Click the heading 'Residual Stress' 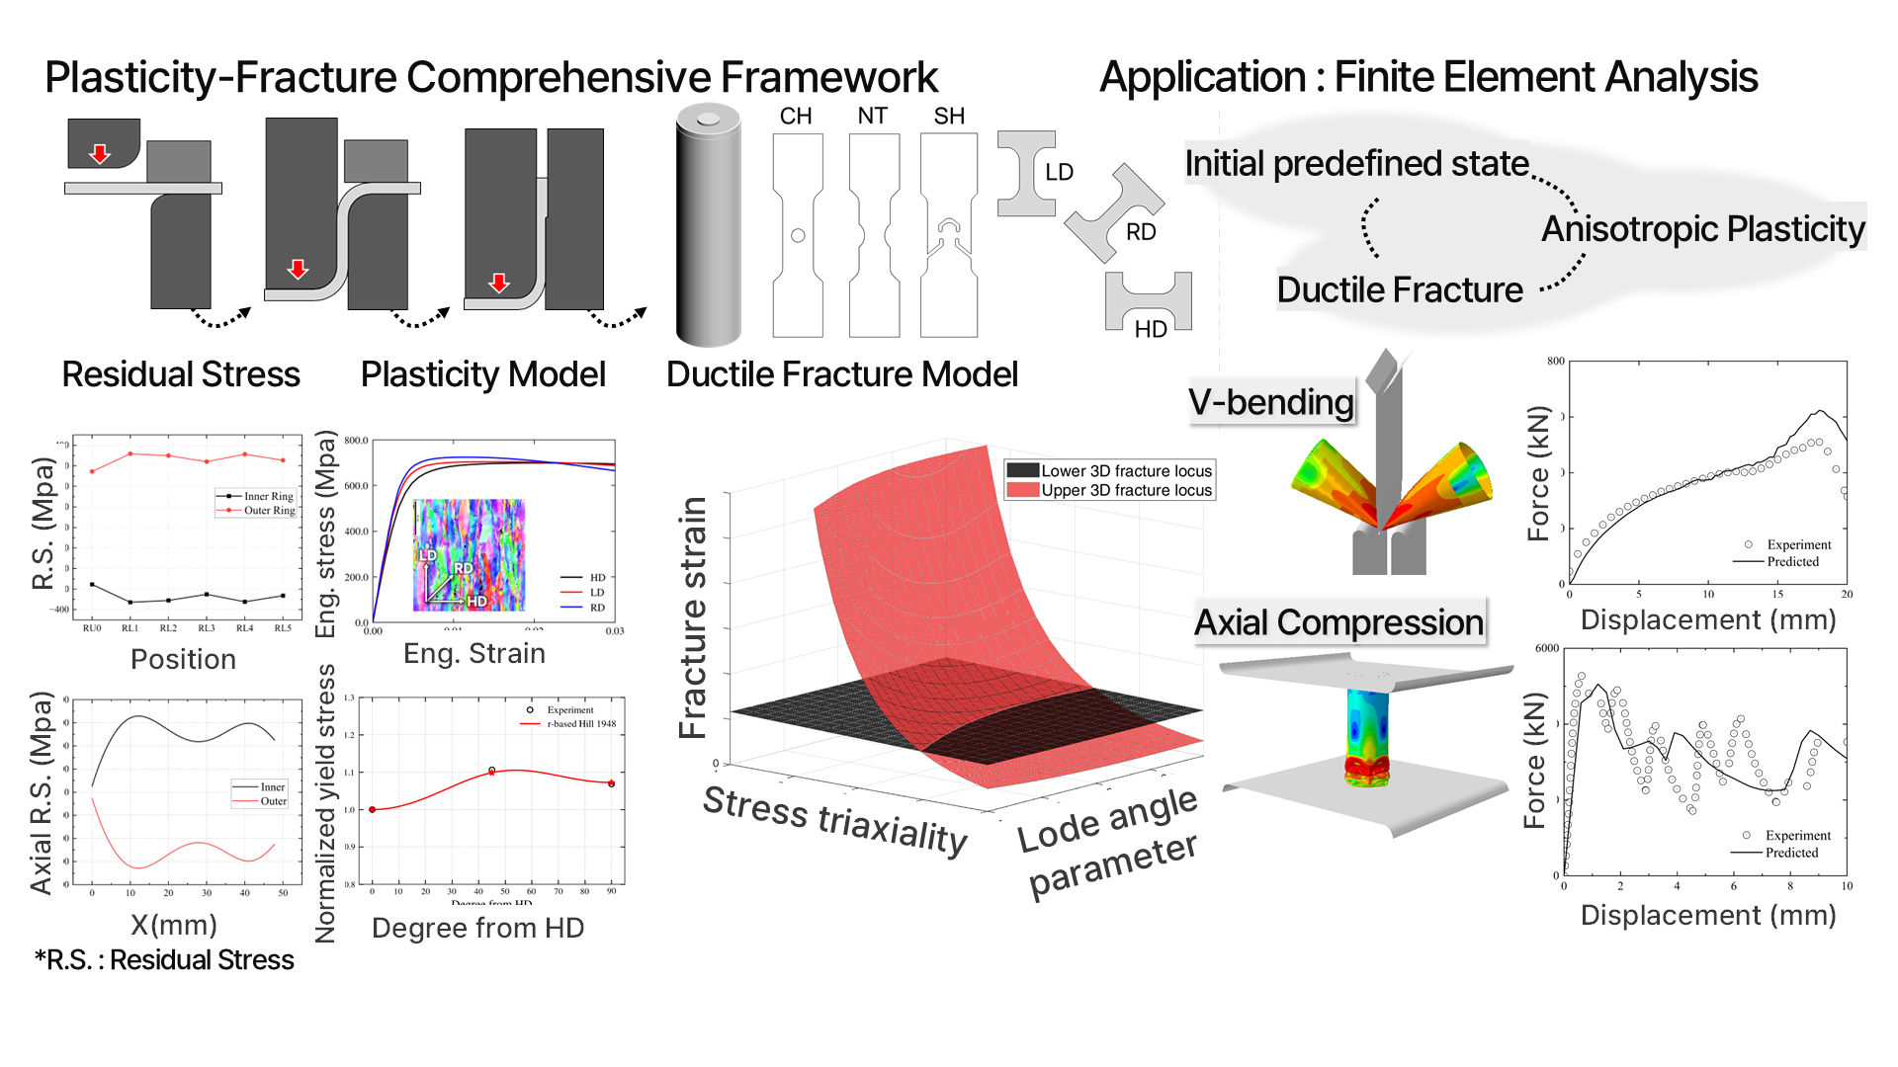(181, 374)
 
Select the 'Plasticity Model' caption (482, 374)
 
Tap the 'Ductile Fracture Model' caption (841, 374)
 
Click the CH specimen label (795, 117)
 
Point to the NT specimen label (872, 117)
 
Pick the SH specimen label (949, 117)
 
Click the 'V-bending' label (1271, 402)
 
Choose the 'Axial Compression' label (1338, 622)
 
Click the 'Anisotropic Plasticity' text (1702, 229)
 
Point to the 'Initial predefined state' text (1356, 164)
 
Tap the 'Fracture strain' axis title (693, 617)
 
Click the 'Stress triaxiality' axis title (834, 819)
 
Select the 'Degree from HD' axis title (477, 928)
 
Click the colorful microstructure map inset (469, 554)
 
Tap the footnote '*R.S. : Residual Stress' (164, 960)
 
